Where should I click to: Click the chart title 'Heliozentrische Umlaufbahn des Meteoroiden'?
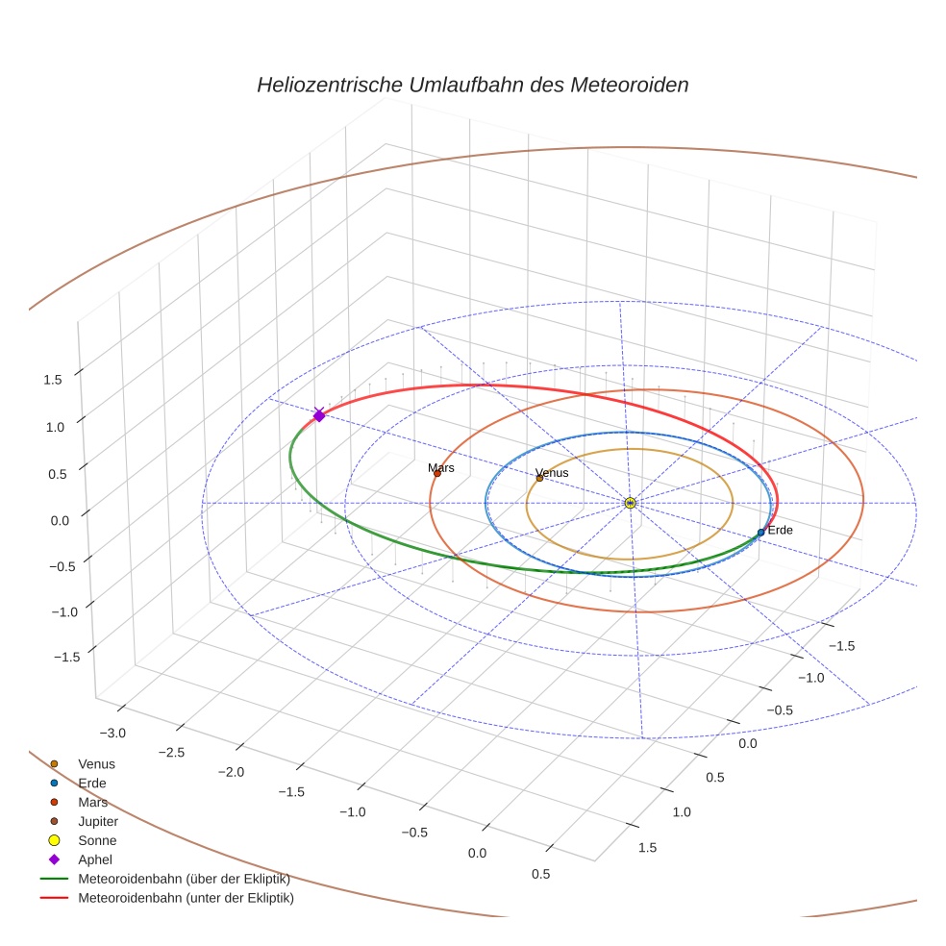pyautogui.click(x=472, y=85)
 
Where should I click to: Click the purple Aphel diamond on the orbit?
pyautogui.click(x=319, y=414)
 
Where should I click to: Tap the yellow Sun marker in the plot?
pyautogui.click(x=630, y=503)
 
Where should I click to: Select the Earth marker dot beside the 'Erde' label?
pyautogui.click(x=760, y=532)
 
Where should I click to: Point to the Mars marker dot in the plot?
pyautogui.click(x=436, y=473)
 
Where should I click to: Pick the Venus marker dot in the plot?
pyautogui.click(x=539, y=478)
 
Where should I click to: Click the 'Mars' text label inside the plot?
pyautogui.click(x=441, y=467)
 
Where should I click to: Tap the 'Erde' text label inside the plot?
pyautogui.click(x=780, y=530)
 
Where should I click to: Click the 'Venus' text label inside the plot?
pyautogui.click(x=552, y=472)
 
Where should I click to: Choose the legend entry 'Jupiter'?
pyautogui.click(x=98, y=821)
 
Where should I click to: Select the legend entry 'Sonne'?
pyautogui.click(x=97, y=840)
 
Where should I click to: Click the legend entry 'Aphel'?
pyautogui.click(x=95, y=859)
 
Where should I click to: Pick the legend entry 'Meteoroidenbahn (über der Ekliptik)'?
pyautogui.click(x=184, y=879)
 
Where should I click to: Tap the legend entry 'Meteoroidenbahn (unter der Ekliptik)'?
pyautogui.click(x=186, y=898)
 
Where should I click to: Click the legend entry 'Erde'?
pyautogui.click(x=92, y=783)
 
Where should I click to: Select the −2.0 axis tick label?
pyautogui.click(x=231, y=772)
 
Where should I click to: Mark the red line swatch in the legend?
pyautogui.click(x=54, y=898)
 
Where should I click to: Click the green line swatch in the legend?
pyautogui.click(x=54, y=879)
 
